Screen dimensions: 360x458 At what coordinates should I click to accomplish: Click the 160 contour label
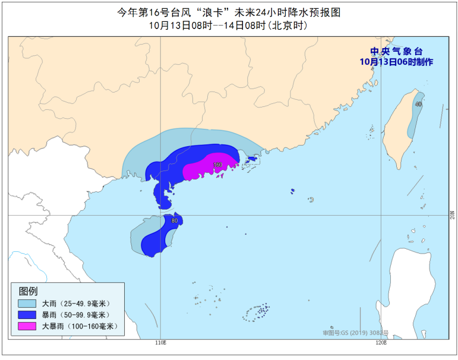tap(217, 165)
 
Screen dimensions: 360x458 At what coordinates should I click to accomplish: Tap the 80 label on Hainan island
tap(174, 221)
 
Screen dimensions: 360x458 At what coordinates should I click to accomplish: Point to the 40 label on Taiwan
tap(419, 104)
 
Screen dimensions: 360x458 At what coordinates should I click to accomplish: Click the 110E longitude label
tap(160, 343)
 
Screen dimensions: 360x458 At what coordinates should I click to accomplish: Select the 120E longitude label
tap(381, 343)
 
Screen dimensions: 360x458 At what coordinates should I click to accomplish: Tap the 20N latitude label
tap(451, 214)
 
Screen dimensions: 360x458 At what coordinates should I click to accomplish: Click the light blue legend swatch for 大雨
tap(27, 304)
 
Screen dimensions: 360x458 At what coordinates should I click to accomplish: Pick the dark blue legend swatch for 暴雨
tap(27, 315)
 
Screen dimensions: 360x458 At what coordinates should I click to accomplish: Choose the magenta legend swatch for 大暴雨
tap(27, 326)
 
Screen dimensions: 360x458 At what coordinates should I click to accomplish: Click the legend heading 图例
tap(29, 292)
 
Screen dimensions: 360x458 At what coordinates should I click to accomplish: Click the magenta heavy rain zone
tap(208, 169)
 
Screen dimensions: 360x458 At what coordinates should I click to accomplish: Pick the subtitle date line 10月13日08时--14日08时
tap(229, 26)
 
